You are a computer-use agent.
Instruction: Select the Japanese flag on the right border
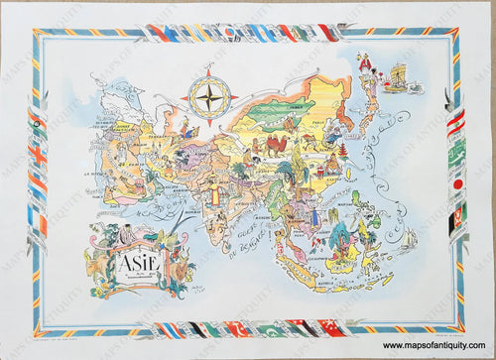458,184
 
